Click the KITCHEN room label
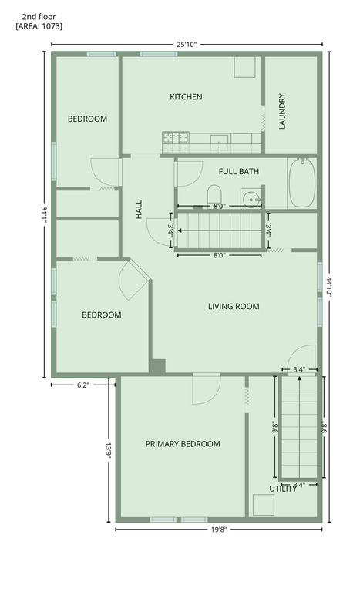pyautogui.click(x=186, y=96)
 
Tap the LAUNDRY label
pyautogui.click(x=282, y=111)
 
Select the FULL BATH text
pyautogui.click(x=239, y=171)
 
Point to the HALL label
pyautogui.click(x=139, y=209)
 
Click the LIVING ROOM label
pyautogui.click(x=234, y=306)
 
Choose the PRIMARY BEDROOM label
pyautogui.click(x=183, y=444)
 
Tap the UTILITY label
pyautogui.click(x=283, y=489)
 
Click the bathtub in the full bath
pyautogui.click(x=302, y=183)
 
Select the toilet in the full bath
pyautogui.click(x=214, y=195)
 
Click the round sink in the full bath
pyautogui.click(x=251, y=198)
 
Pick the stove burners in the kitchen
pyautogui.click(x=176, y=143)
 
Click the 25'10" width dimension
pyautogui.click(x=187, y=45)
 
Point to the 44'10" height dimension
pyautogui.click(x=329, y=287)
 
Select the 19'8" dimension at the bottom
pyautogui.click(x=219, y=530)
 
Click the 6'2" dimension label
pyautogui.click(x=83, y=385)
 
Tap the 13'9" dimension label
pyautogui.click(x=109, y=450)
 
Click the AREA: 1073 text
pyautogui.click(x=39, y=26)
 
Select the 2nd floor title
pyautogui.click(x=39, y=17)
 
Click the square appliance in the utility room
pyautogui.click(x=264, y=505)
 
